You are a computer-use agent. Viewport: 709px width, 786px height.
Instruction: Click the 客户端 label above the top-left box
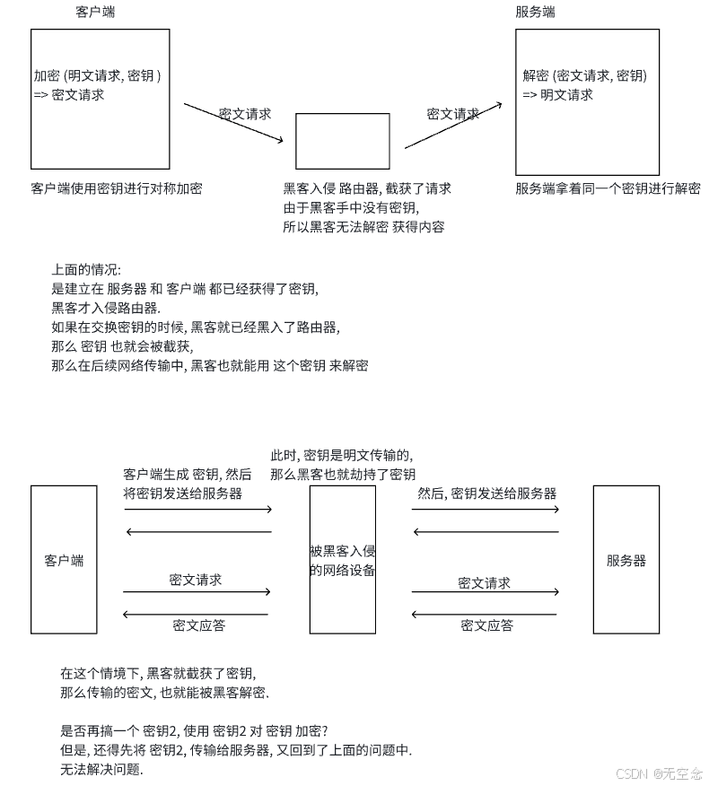95,13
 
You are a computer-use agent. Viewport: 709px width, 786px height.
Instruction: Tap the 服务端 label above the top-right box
535,13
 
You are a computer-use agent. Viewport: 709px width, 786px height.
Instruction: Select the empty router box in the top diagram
343,141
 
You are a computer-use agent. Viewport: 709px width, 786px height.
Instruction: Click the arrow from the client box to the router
233,123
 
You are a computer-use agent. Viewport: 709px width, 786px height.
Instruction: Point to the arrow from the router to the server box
452,127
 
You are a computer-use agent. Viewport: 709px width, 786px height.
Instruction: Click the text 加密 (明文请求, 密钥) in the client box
97,76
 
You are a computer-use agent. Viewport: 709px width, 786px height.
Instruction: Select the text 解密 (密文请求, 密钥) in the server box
584,76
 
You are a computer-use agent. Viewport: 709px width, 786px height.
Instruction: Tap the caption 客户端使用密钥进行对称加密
117,188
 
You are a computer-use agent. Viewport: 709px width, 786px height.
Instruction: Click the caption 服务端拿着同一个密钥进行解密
608,188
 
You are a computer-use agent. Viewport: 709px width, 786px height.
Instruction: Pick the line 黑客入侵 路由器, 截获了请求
367,188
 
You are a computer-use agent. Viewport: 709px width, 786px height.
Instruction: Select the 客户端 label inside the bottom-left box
64,561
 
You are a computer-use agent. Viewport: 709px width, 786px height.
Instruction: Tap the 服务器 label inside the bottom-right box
626,561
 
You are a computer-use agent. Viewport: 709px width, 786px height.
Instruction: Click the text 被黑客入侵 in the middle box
342,551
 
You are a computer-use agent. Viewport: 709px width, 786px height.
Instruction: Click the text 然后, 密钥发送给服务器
486,493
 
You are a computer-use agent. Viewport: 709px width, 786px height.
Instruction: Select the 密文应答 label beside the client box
198,625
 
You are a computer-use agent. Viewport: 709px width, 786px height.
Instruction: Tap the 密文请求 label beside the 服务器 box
484,583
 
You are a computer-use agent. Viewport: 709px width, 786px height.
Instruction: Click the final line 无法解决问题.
101,769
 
